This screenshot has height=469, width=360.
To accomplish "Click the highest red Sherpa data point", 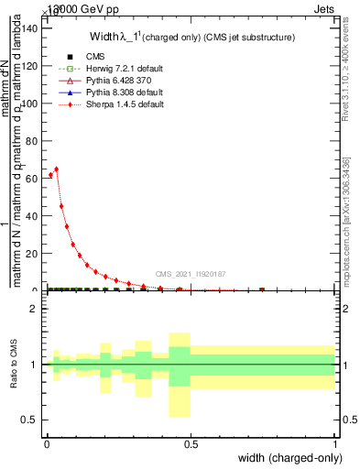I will click(x=57, y=169).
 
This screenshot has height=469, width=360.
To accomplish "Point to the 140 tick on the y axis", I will click(x=42, y=28).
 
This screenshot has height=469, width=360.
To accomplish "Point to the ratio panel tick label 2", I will click(x=34, y=309).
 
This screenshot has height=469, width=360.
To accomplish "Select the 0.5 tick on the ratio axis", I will click(x=42, y=420).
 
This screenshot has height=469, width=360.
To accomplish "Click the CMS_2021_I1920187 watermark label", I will click(x=189, y=274).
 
